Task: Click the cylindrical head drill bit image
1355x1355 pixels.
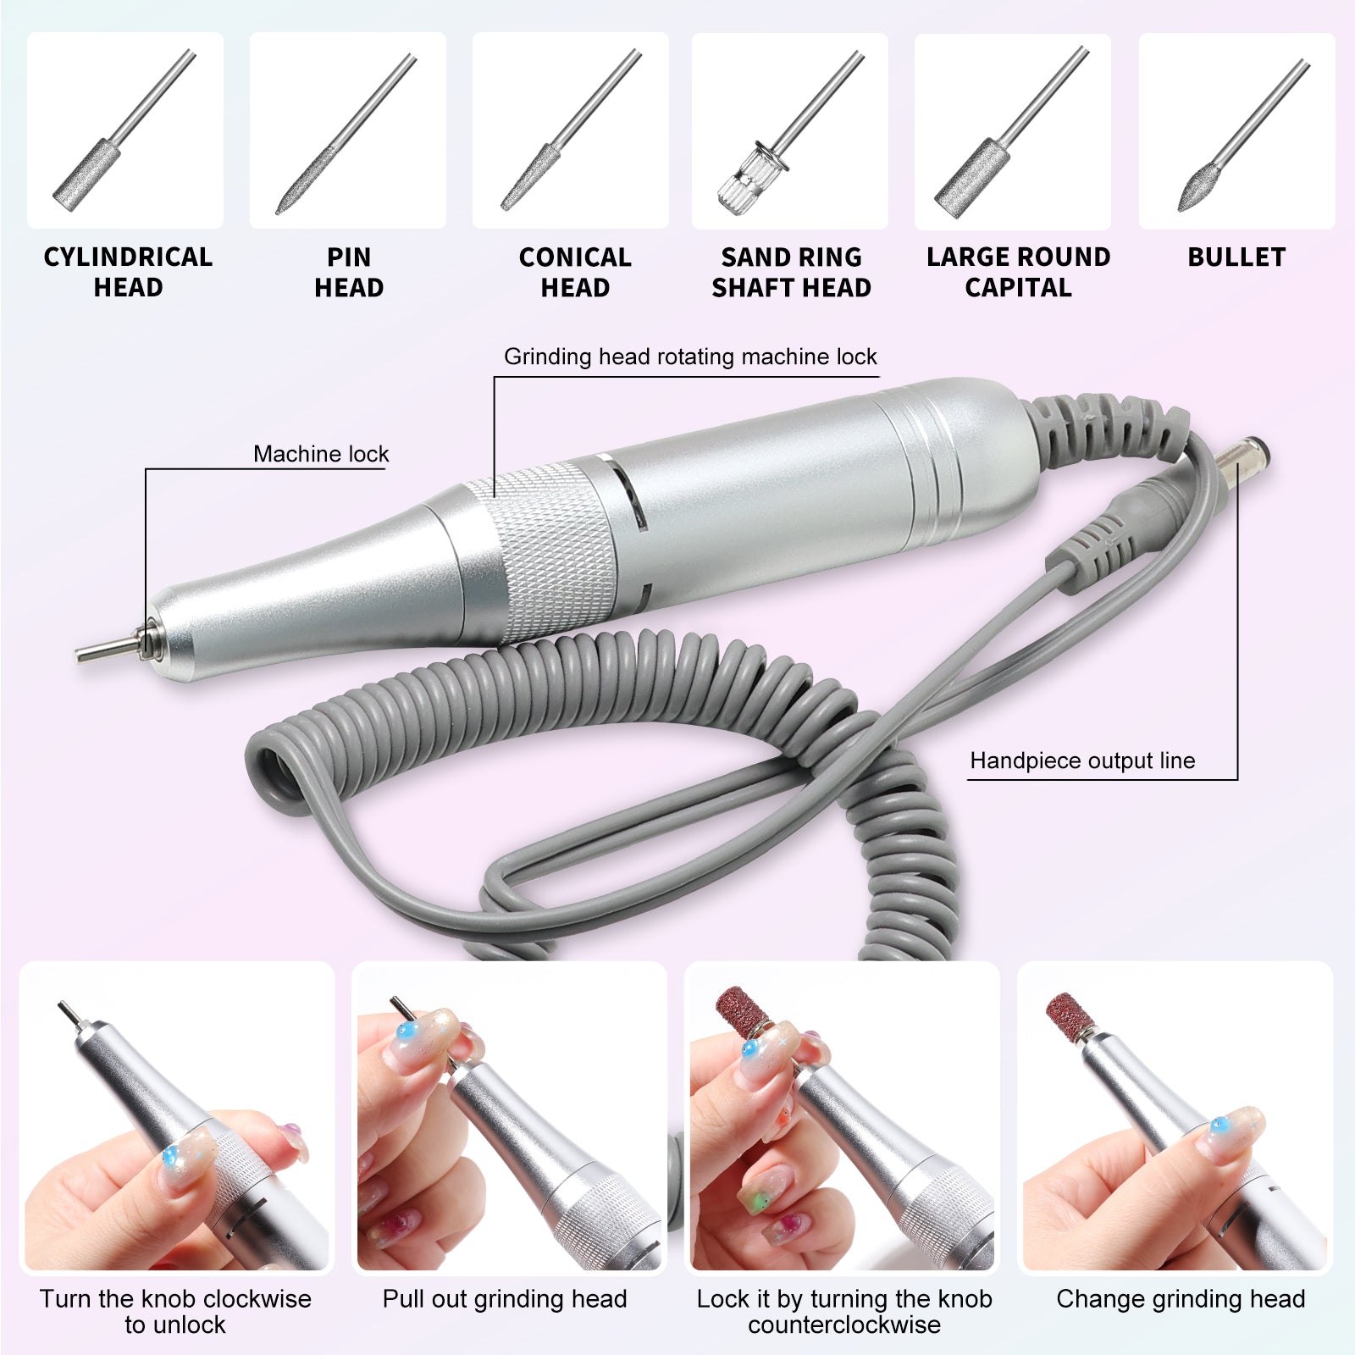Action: pos(124,131)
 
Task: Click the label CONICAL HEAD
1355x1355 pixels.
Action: pos(575,272)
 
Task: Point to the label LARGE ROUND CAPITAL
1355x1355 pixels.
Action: pos(1018,272)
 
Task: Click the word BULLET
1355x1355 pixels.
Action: pos(1236,257)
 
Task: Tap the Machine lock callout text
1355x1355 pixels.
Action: pos(321,454)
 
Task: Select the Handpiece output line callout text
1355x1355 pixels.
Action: pos(1082,760)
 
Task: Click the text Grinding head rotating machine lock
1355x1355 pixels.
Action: pos(690,357)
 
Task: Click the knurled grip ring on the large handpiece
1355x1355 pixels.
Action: pos(550,550)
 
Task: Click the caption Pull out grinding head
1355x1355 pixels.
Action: pos(505,1299)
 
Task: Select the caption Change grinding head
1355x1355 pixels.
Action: pos(1181,1299)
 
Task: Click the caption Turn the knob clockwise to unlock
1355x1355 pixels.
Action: pos(175,1311)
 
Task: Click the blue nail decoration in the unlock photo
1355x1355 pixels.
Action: pos(172,1154)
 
